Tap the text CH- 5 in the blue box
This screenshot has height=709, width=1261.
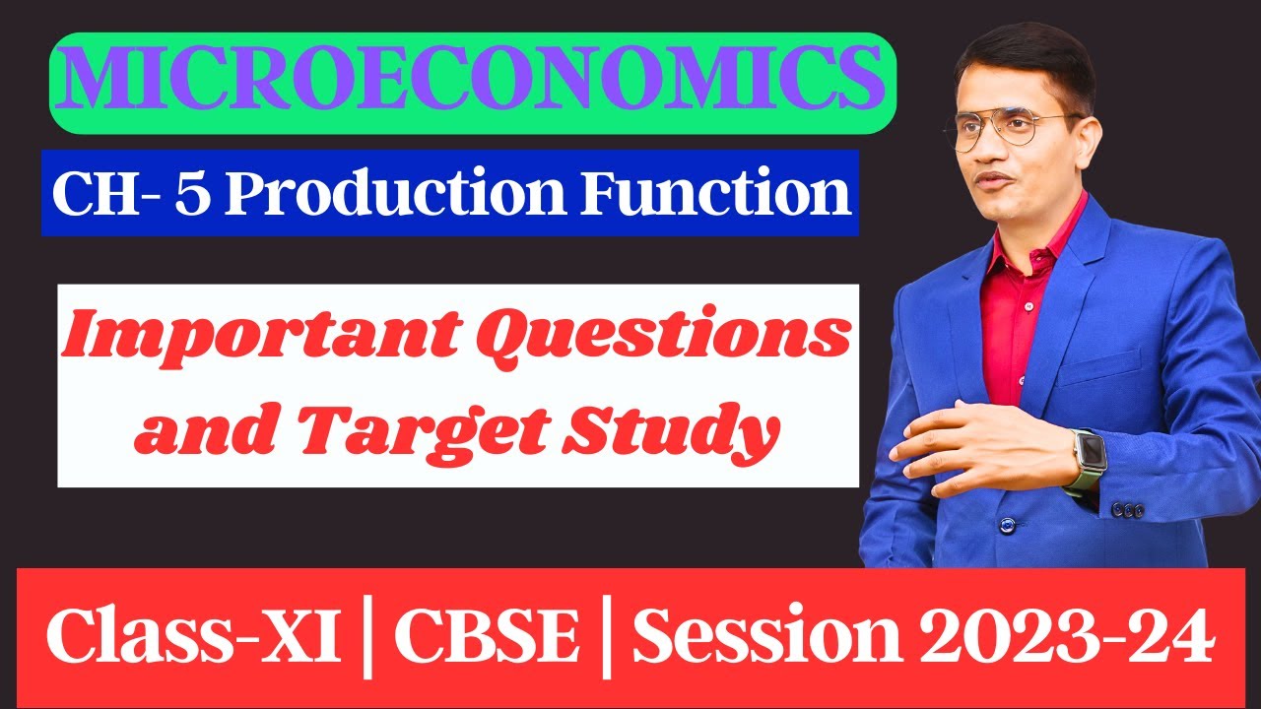click(x=129, y=194)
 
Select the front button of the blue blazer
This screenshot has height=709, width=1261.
click(x=1006, y=525)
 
